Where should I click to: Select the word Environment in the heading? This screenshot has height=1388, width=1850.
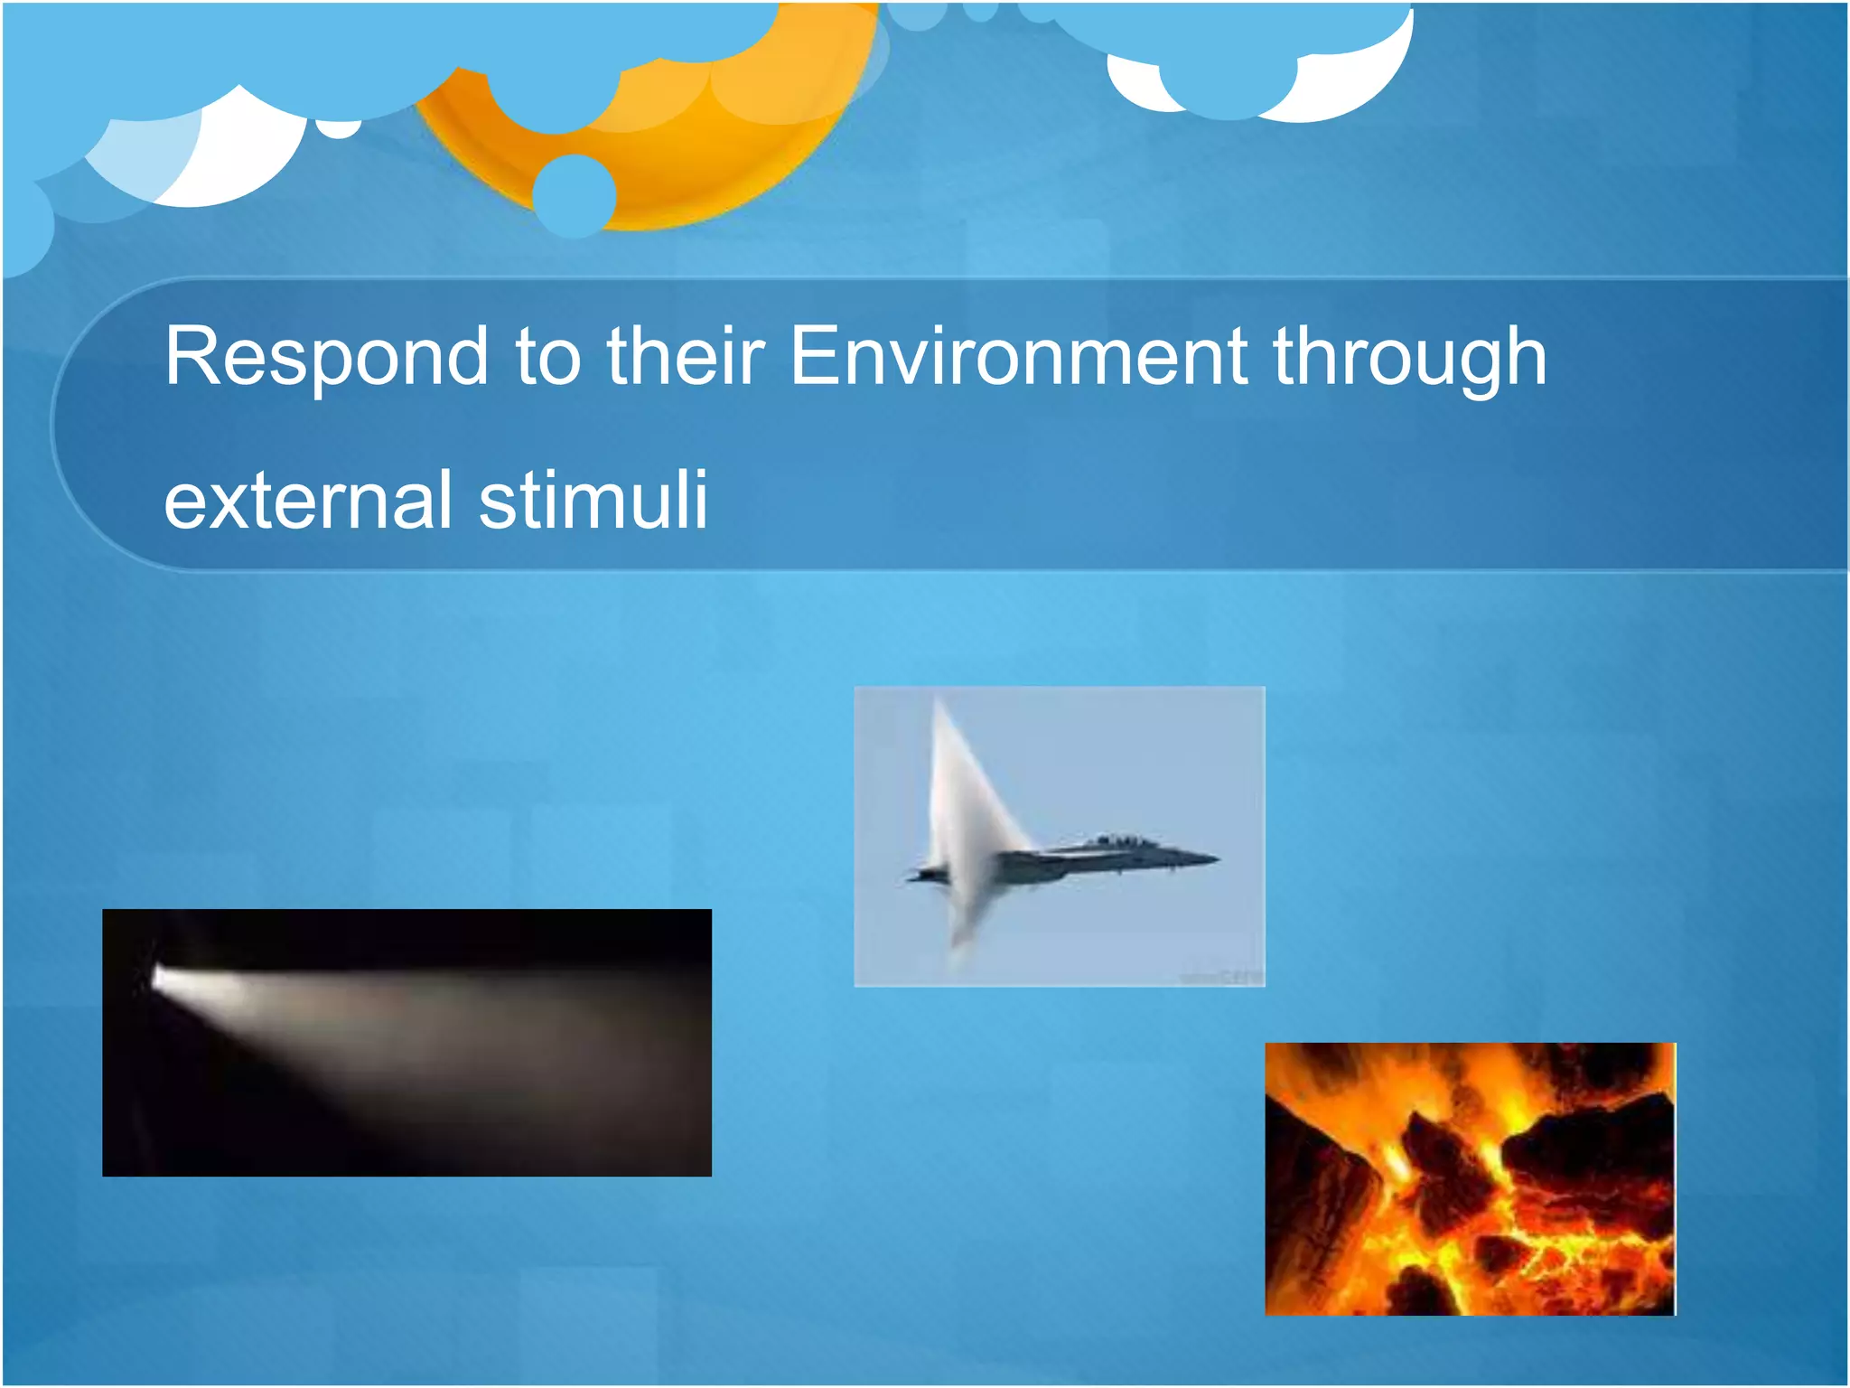1018,357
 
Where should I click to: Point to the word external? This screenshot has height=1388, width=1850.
307,500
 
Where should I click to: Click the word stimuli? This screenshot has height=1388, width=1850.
593,500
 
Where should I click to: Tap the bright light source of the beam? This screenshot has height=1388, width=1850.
164,977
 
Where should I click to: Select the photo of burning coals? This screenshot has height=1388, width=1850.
1470,1178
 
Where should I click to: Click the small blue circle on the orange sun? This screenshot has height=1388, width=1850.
574,194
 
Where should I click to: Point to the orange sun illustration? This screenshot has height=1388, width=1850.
687,154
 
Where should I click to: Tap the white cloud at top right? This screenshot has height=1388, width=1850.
1337,90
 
